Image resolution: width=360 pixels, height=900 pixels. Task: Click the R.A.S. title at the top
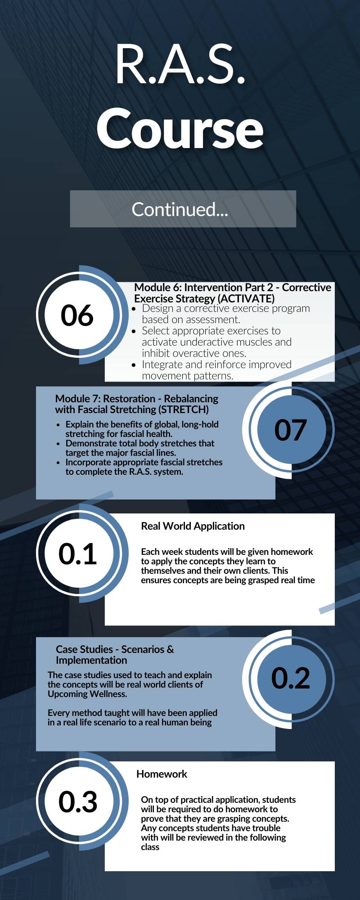click(180, 64)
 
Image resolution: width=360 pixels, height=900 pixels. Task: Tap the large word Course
click(180, 129)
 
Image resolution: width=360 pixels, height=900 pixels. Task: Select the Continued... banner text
click(180, 209)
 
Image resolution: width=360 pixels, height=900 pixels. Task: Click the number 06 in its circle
click(77, 315)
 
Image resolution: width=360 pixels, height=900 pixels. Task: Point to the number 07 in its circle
click(291, 430)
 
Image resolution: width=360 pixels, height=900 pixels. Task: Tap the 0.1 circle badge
click(78, 553)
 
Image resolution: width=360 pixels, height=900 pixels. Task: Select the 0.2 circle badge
click(291, 678)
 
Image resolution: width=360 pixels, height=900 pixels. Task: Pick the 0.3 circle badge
click(78, 801)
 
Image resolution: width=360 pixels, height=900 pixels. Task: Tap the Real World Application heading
click(193, 526)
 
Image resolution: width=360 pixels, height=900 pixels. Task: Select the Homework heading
click(162, 774)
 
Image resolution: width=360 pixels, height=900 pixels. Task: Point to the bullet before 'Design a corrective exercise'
click(134, 309)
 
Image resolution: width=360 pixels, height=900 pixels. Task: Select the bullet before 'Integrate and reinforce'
click(134, 365)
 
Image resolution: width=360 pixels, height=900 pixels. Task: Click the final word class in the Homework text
click(150, 847)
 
